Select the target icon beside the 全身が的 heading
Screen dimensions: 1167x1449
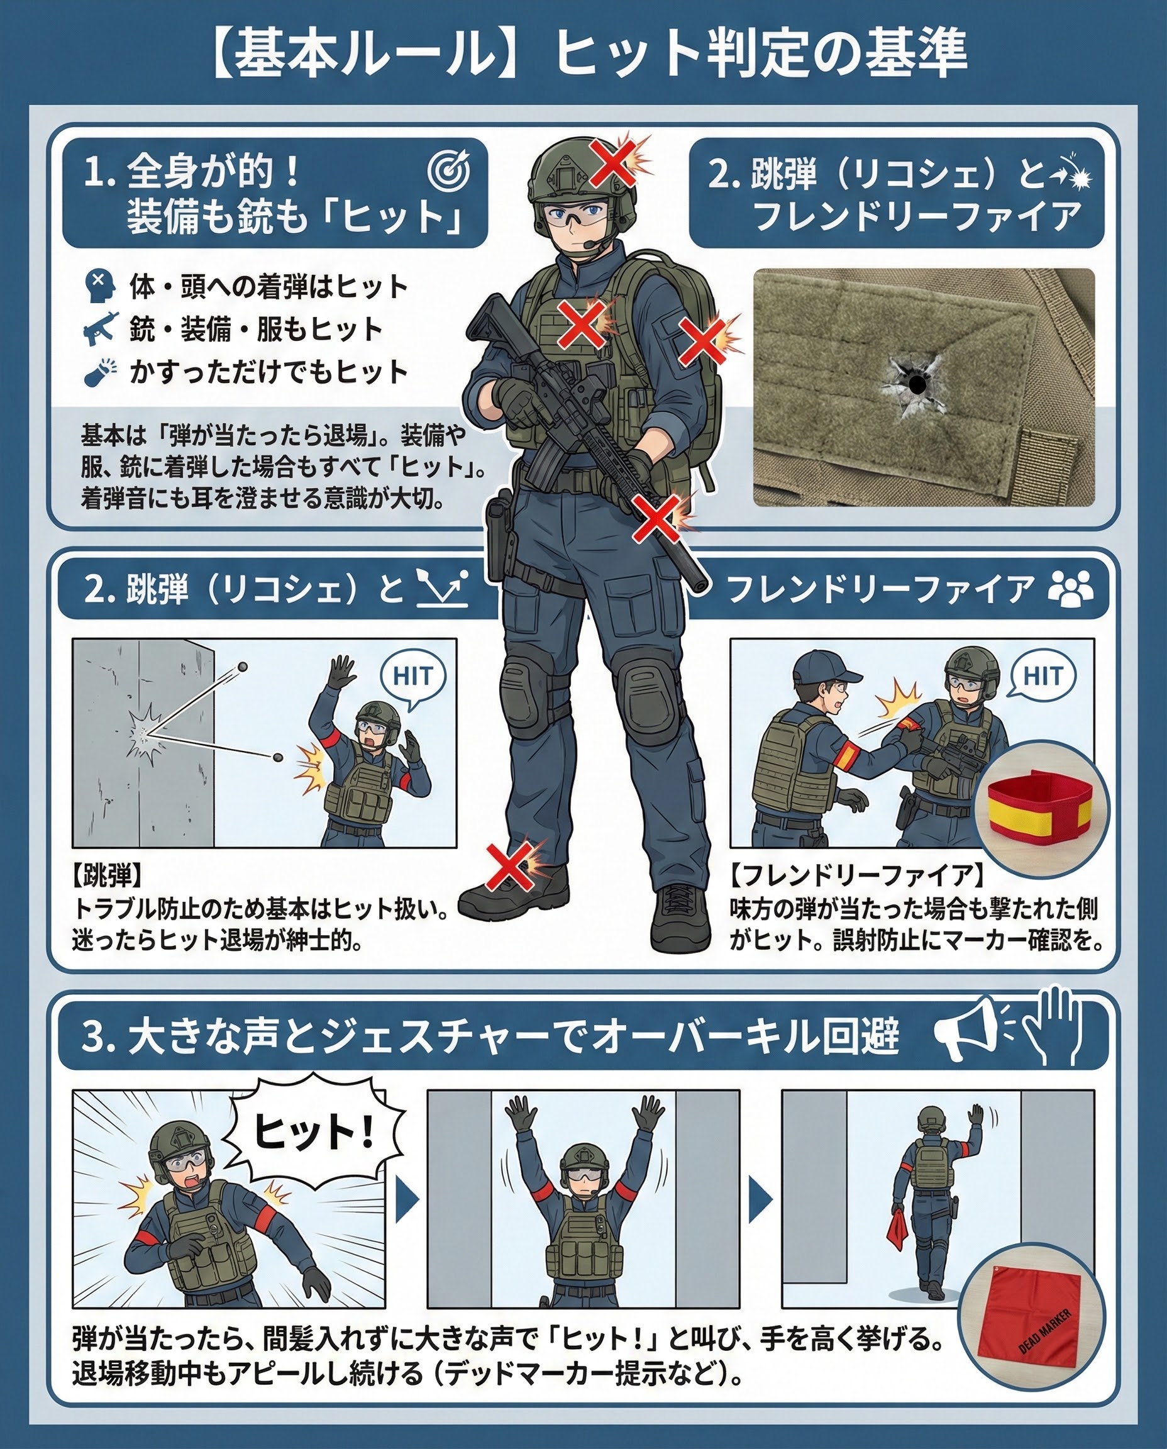coord(448,172)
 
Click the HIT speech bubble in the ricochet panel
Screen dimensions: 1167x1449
coord(412,677)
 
